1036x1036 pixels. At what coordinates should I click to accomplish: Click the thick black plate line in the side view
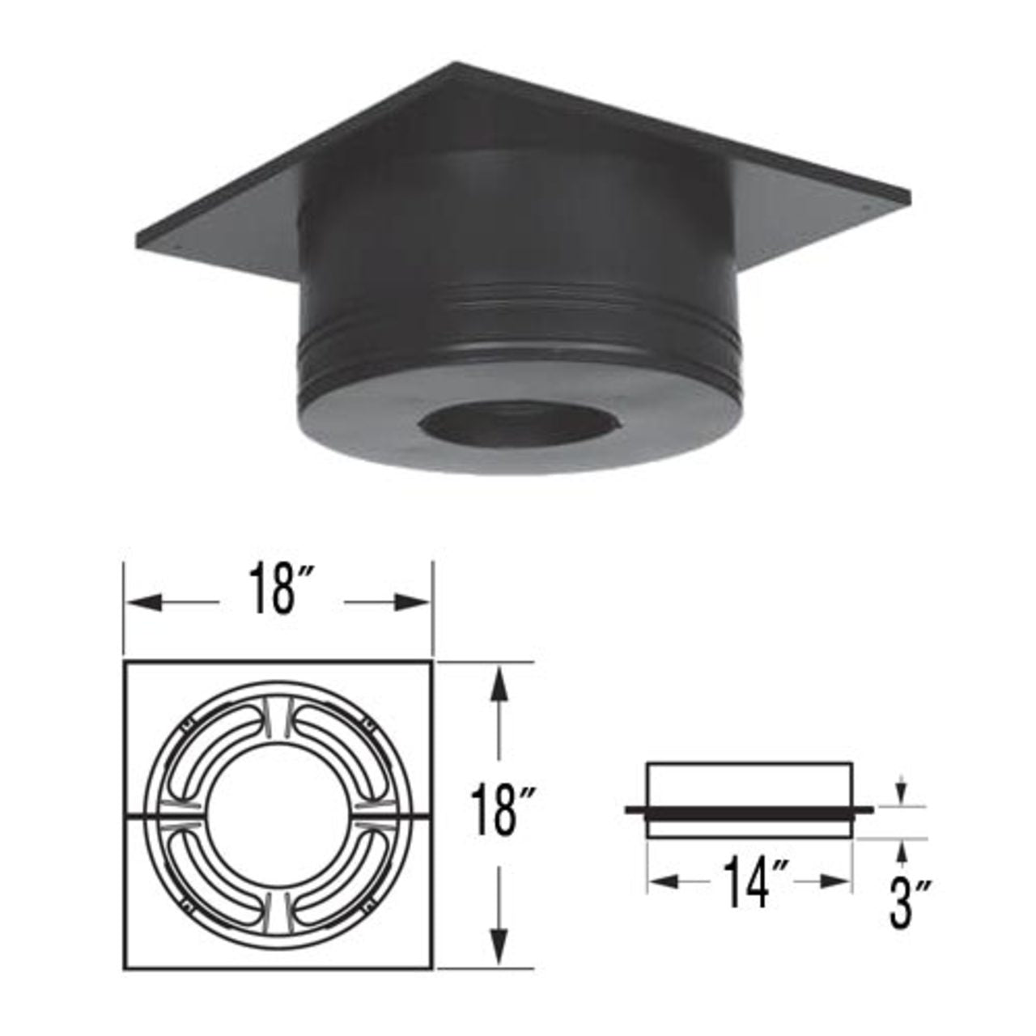(749, 809)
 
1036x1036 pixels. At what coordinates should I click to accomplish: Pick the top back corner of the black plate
(458, 65)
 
